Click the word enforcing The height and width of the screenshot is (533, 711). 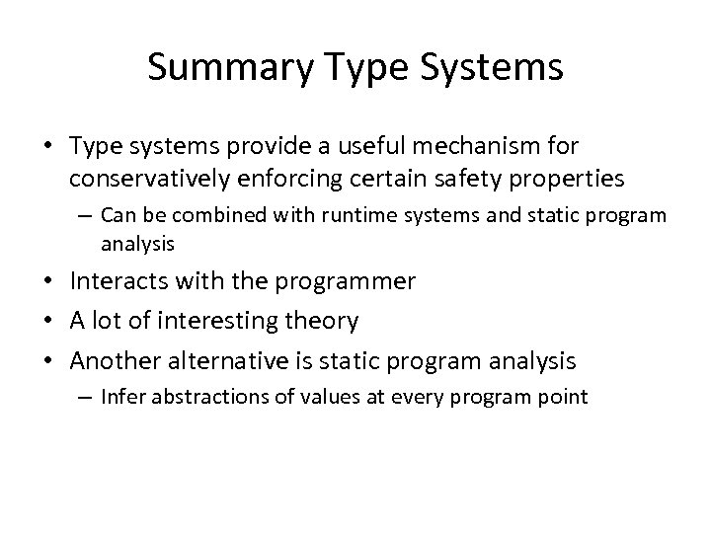283,180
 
